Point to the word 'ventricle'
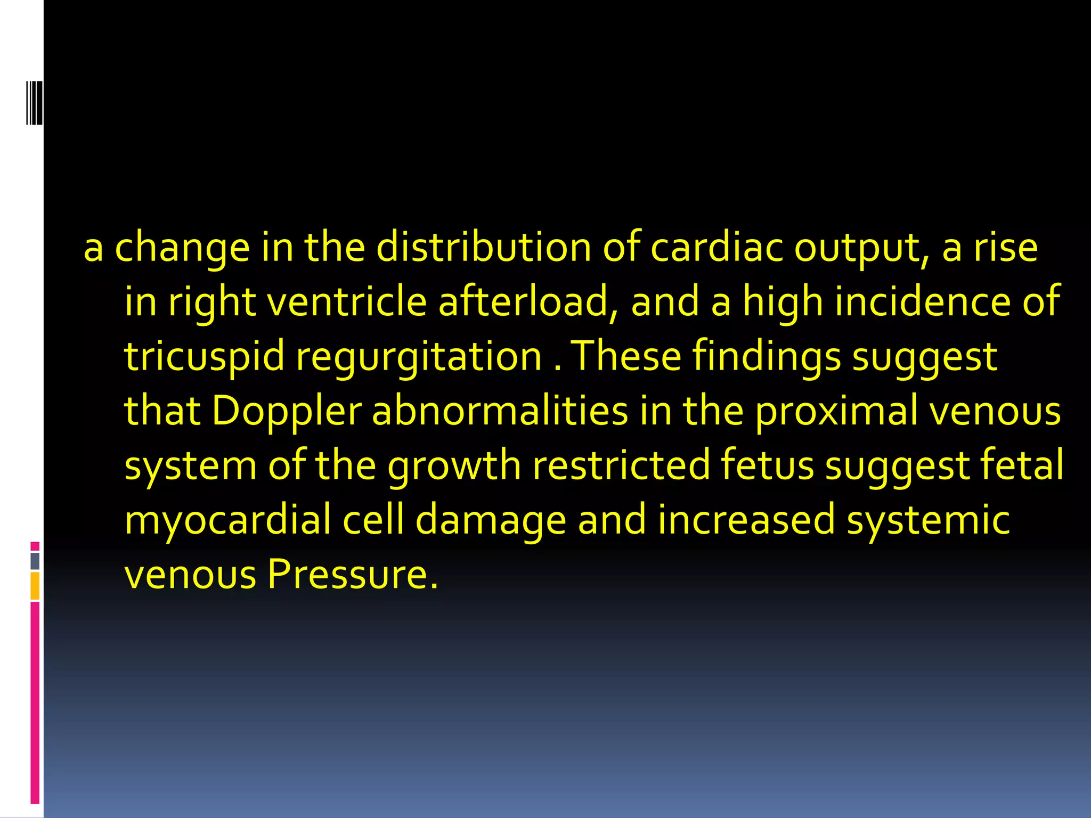tap(346, 302)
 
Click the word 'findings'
tap(767, 357)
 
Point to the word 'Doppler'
tap(287, 412)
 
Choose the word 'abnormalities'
tap(500, 411)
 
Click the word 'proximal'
tap(837, 412)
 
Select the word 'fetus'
tap(767, 465)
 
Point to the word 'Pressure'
tap(353, 575)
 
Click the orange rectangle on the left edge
tap(35, 586)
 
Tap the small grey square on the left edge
tap(35, 561)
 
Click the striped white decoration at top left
tap(34, 103)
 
